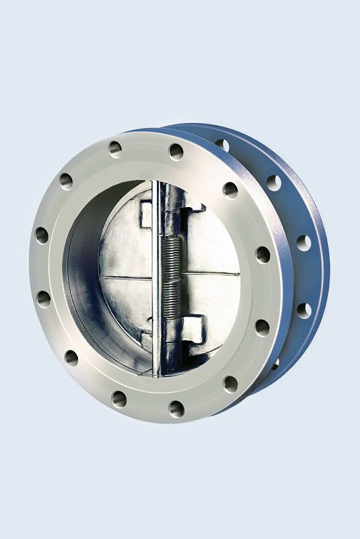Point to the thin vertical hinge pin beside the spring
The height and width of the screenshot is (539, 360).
(155, 267)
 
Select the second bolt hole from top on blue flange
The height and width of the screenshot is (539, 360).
(273, 182)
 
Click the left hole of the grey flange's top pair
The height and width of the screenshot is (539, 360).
(116, 149)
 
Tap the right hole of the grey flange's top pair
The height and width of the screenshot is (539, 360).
(176, 151)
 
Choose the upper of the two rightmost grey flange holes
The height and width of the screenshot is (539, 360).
(263, 255)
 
